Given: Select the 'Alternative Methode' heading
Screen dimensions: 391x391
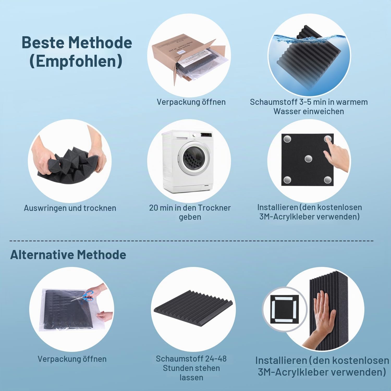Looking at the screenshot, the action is tap(68, 255).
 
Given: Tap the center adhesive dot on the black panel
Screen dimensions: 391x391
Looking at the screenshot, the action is tap(308, 158).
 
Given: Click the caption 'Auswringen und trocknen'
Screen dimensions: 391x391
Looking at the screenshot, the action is tap(70, 208).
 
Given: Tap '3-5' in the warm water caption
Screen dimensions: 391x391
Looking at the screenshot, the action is tap(305, 102).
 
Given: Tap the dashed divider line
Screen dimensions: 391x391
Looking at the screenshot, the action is tap(192, 241).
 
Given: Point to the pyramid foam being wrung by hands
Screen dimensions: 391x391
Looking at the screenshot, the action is tap(68, 164).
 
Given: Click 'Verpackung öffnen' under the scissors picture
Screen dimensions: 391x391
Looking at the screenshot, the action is tap(72, 359).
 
